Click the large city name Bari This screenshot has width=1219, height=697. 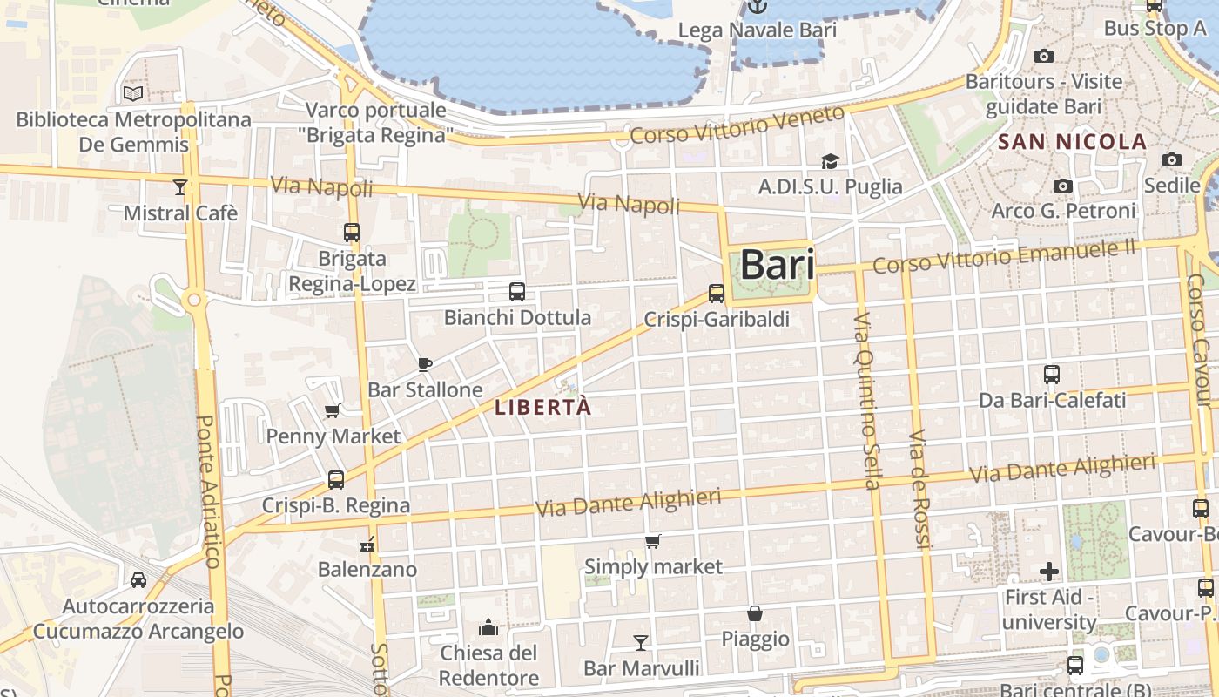777,265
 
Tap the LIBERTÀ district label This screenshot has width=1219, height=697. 543,407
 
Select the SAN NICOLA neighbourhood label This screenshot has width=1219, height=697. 1072,142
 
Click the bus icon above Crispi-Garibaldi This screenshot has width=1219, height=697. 717,294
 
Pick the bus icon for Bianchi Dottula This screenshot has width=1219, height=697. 517,292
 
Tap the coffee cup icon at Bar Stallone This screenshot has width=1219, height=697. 425,364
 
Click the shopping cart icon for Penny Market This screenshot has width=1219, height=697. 332,411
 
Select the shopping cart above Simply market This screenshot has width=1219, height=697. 653,542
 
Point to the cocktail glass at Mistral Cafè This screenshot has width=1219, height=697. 180,186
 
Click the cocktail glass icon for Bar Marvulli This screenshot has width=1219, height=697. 641,643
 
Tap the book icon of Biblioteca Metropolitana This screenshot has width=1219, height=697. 133,93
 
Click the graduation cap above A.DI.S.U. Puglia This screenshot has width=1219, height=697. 830,161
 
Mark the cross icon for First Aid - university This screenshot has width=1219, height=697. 1049,572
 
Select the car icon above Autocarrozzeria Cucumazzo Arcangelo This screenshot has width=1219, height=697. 138,580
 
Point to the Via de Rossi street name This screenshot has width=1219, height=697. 920,488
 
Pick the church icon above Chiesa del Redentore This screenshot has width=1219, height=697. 488,627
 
